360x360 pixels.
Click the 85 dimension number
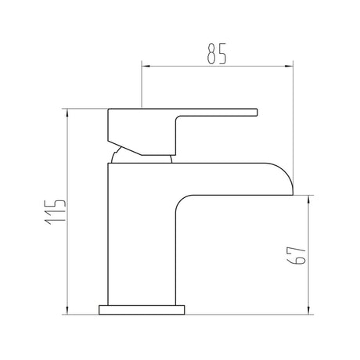pos(217,53)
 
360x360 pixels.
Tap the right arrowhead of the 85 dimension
pos(289,67)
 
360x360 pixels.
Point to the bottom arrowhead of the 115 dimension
pos(67,310)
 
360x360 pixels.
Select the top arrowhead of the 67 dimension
pos(309,200)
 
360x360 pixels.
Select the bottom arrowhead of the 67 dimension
pos(309,310)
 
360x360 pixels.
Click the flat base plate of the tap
pos(142,310)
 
